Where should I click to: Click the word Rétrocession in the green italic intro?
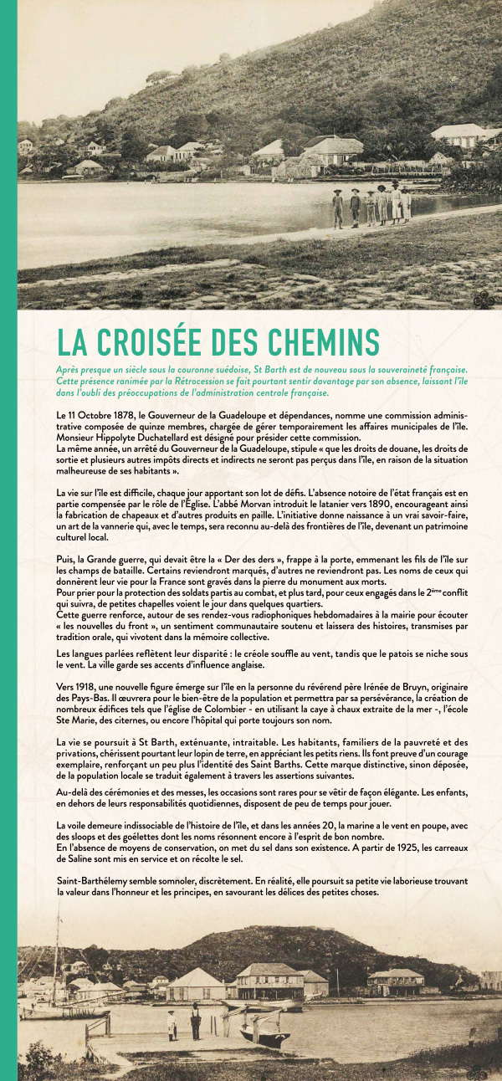click(x=218, y=381)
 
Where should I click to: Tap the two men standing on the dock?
click(x=183, y=1022)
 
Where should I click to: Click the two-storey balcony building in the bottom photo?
click(x=269, y=981)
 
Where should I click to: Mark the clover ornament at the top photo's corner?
click(x=484, y=298)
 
